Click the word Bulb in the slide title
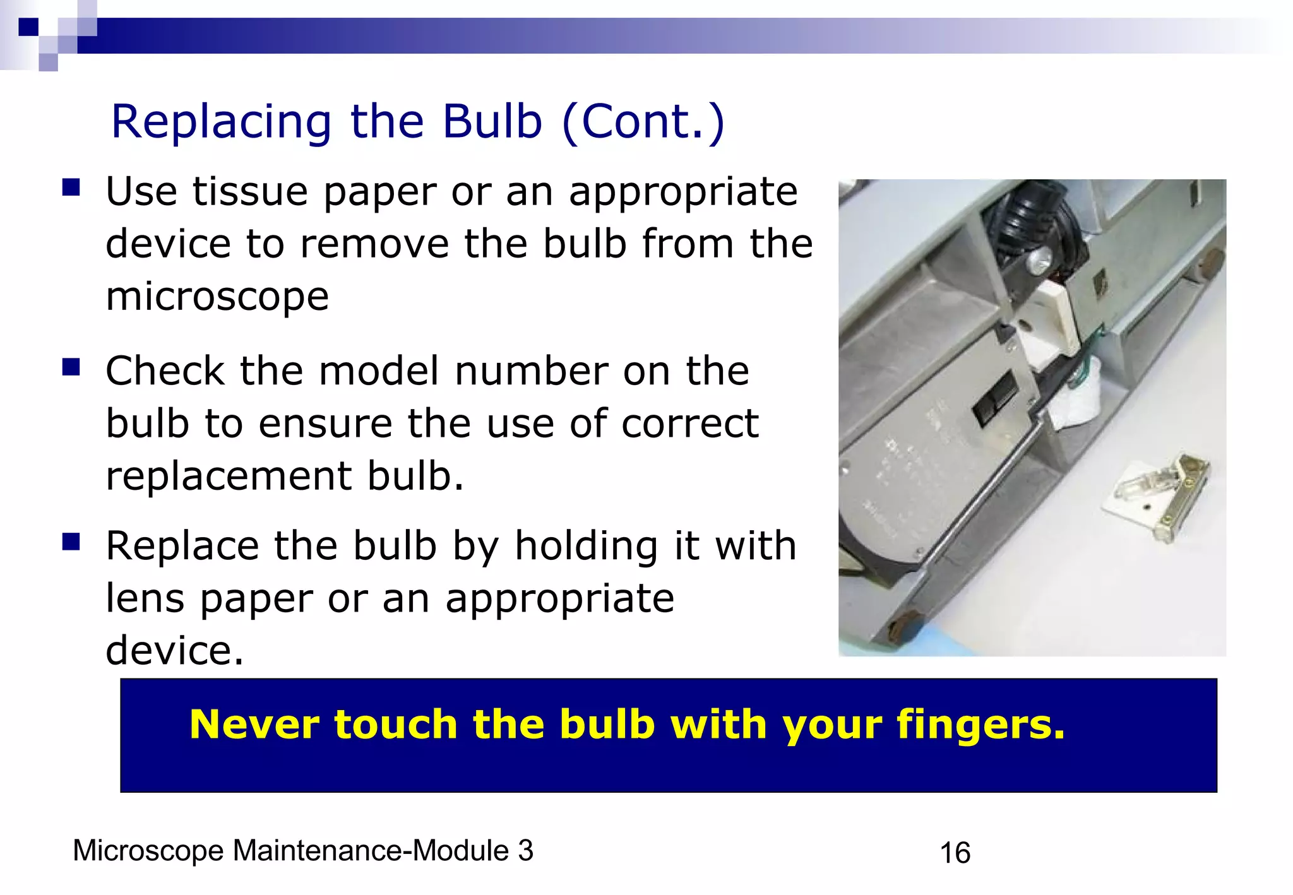(492, 121)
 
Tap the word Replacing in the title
(221, 122)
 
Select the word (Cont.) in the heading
(643, 121)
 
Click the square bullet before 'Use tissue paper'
(71, 188)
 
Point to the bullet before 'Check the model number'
(71, 367)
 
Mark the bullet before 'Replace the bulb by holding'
(71, 542)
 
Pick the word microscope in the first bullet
(217, 297)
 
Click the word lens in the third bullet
(145, 598)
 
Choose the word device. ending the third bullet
(174, 650)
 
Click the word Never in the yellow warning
(259, 724)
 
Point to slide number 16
(955, 853)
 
